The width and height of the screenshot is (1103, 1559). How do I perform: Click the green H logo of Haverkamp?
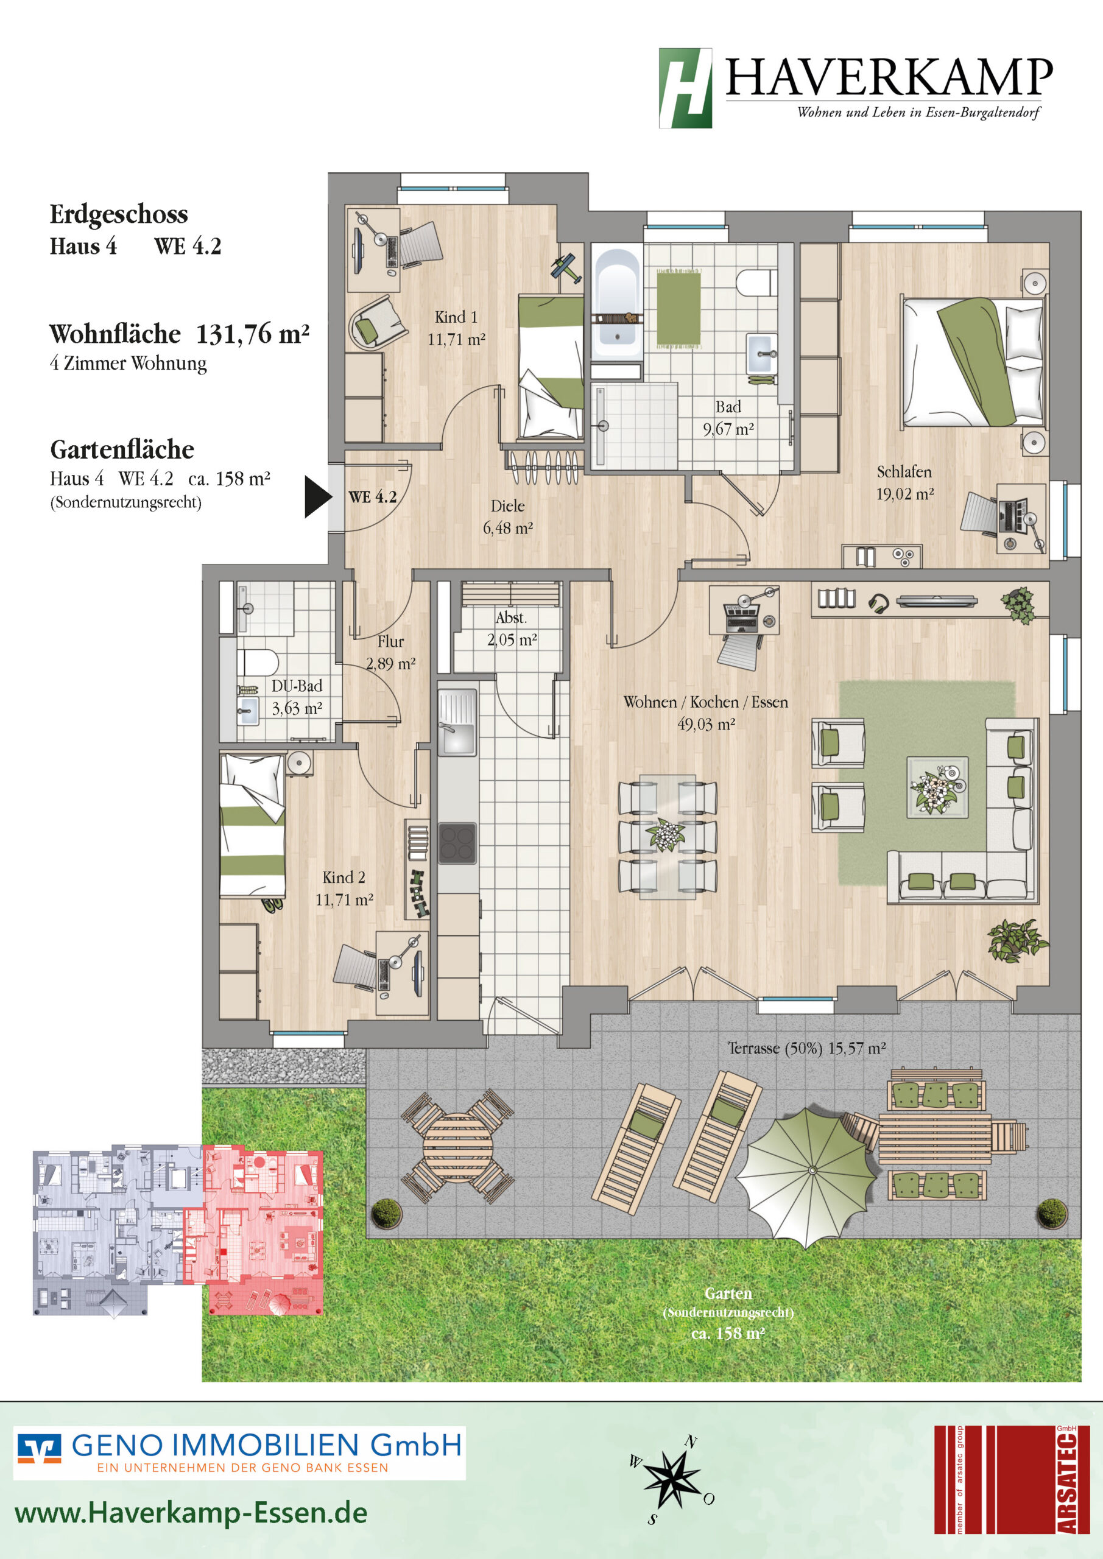point(685,88)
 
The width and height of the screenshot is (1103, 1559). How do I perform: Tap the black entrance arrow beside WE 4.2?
point(318,496)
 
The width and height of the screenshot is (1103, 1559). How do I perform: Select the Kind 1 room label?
point(456,317)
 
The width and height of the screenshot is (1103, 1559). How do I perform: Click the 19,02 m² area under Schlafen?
point(904,494)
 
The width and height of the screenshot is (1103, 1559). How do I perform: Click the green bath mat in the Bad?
point(678,308)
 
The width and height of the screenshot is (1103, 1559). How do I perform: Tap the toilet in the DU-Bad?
point(258,663)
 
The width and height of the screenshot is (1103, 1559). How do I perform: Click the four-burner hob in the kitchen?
point(456,843)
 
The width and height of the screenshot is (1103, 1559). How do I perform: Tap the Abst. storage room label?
point(511,618)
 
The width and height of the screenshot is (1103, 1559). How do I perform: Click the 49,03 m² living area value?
point(707,725)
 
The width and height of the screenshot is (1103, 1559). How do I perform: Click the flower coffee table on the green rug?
point(937,787)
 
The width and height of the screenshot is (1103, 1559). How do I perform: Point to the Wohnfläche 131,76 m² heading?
point(179,334)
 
